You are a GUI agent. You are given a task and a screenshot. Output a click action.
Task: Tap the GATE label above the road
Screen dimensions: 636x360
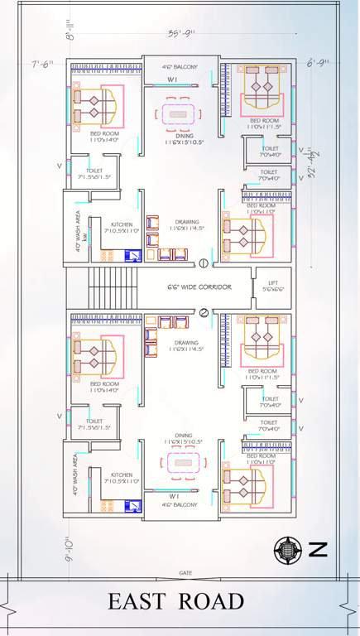(x=185, y=572)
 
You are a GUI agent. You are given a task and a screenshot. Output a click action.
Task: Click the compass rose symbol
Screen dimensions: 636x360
(x=288, y=548)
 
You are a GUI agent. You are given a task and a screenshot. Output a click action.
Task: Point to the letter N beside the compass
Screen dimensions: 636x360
(x=319, y=548)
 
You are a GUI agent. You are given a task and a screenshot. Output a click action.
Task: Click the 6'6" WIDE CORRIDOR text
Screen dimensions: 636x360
(x=198, y=287)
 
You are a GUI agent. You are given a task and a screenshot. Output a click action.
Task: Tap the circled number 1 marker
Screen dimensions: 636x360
(x=204, y=263)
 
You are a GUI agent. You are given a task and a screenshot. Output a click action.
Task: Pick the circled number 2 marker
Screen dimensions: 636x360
(x=204, y=311)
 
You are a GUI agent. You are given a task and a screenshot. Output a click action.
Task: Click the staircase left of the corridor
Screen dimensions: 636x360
(x=99, y=287)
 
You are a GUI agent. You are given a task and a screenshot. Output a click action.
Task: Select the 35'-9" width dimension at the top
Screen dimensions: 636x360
(x=180, y=34)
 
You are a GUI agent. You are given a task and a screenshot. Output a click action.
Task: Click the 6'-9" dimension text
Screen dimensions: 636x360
(x=317, y=63)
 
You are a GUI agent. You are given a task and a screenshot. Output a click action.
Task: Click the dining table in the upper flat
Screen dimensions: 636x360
(x=180, y=113)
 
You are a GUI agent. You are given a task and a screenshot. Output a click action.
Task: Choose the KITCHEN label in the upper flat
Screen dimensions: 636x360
(x=117, y=223)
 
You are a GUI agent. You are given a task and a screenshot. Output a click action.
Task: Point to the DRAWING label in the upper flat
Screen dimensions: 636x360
(x=186, y=222)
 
